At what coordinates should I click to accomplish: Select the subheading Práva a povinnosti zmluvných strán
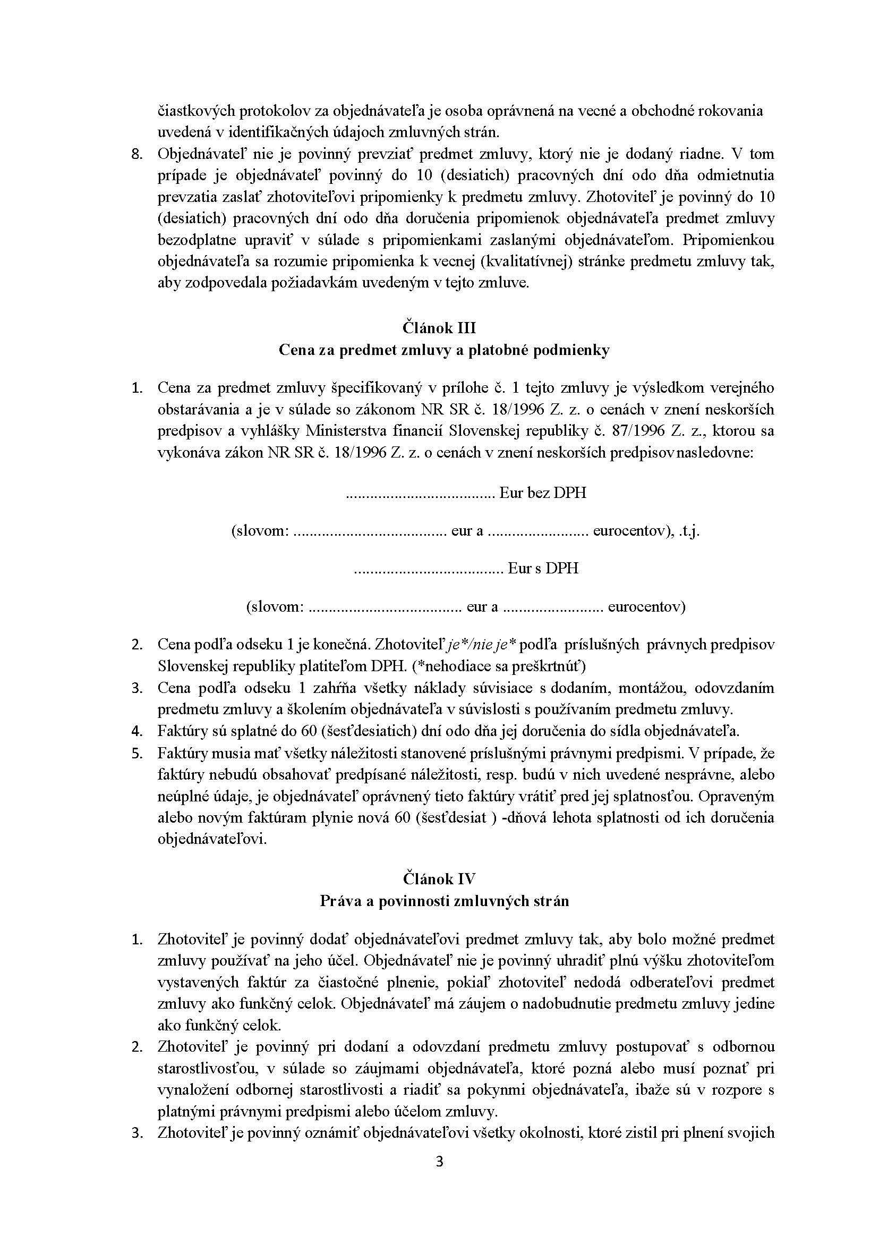(444, 901)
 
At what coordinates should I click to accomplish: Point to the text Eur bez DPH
(542, 493)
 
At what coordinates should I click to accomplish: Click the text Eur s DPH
(543, 568)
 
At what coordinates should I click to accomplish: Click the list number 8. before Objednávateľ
(138, 154)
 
